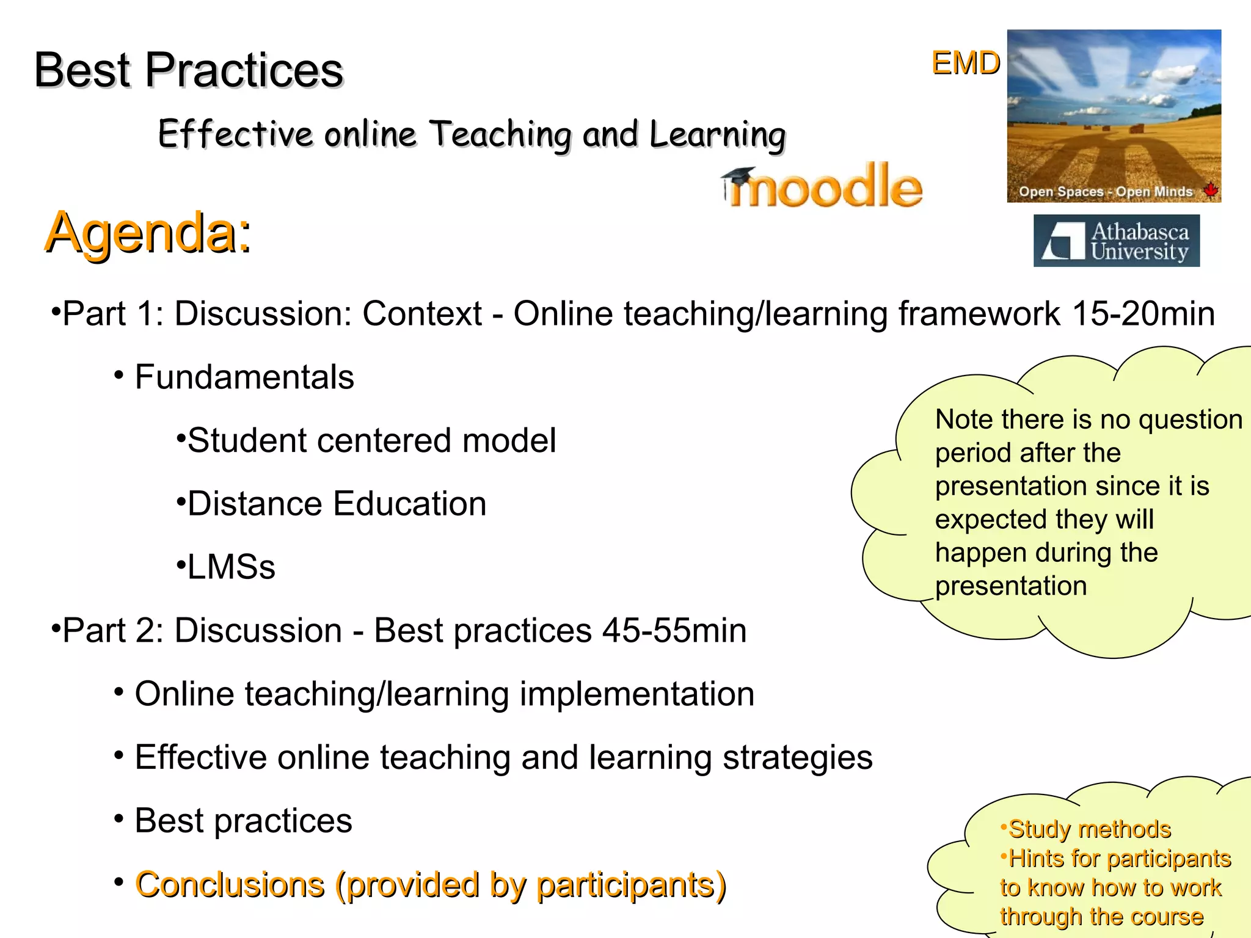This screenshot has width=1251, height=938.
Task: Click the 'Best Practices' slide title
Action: pyautogui.click(x=188, y=70)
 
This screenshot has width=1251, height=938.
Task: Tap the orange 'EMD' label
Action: pyautogui.click(x=965, y=63)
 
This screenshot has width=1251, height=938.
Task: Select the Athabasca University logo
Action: pyautogui.click(x=1116, y=241)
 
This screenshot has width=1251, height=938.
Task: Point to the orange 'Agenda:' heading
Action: pyautogui.click(x=148, y=233)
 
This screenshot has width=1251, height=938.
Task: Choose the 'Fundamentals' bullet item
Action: pyautogui.click(x=244, y=377)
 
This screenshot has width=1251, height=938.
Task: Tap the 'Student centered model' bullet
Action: pyautogui.click(x=371, y=440)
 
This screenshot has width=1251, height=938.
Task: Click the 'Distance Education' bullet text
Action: pyautogui.click(x=337, y=504)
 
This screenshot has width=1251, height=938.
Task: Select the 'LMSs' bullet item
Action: pyautogui.click(x=231, y=567)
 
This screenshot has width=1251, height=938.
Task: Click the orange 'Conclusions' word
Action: pyautogui.click(x=230, y=885)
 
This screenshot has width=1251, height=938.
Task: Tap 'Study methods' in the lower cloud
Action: pyautogui.click(x=1089, y=829)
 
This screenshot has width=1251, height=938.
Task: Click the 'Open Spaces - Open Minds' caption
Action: pyautogui.click(x=1105, y=192)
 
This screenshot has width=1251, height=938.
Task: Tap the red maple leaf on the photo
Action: pyautogui.click(x=1211, y=190)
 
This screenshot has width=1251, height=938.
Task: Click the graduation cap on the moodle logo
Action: pyautogui.click(x=738, y=177)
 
